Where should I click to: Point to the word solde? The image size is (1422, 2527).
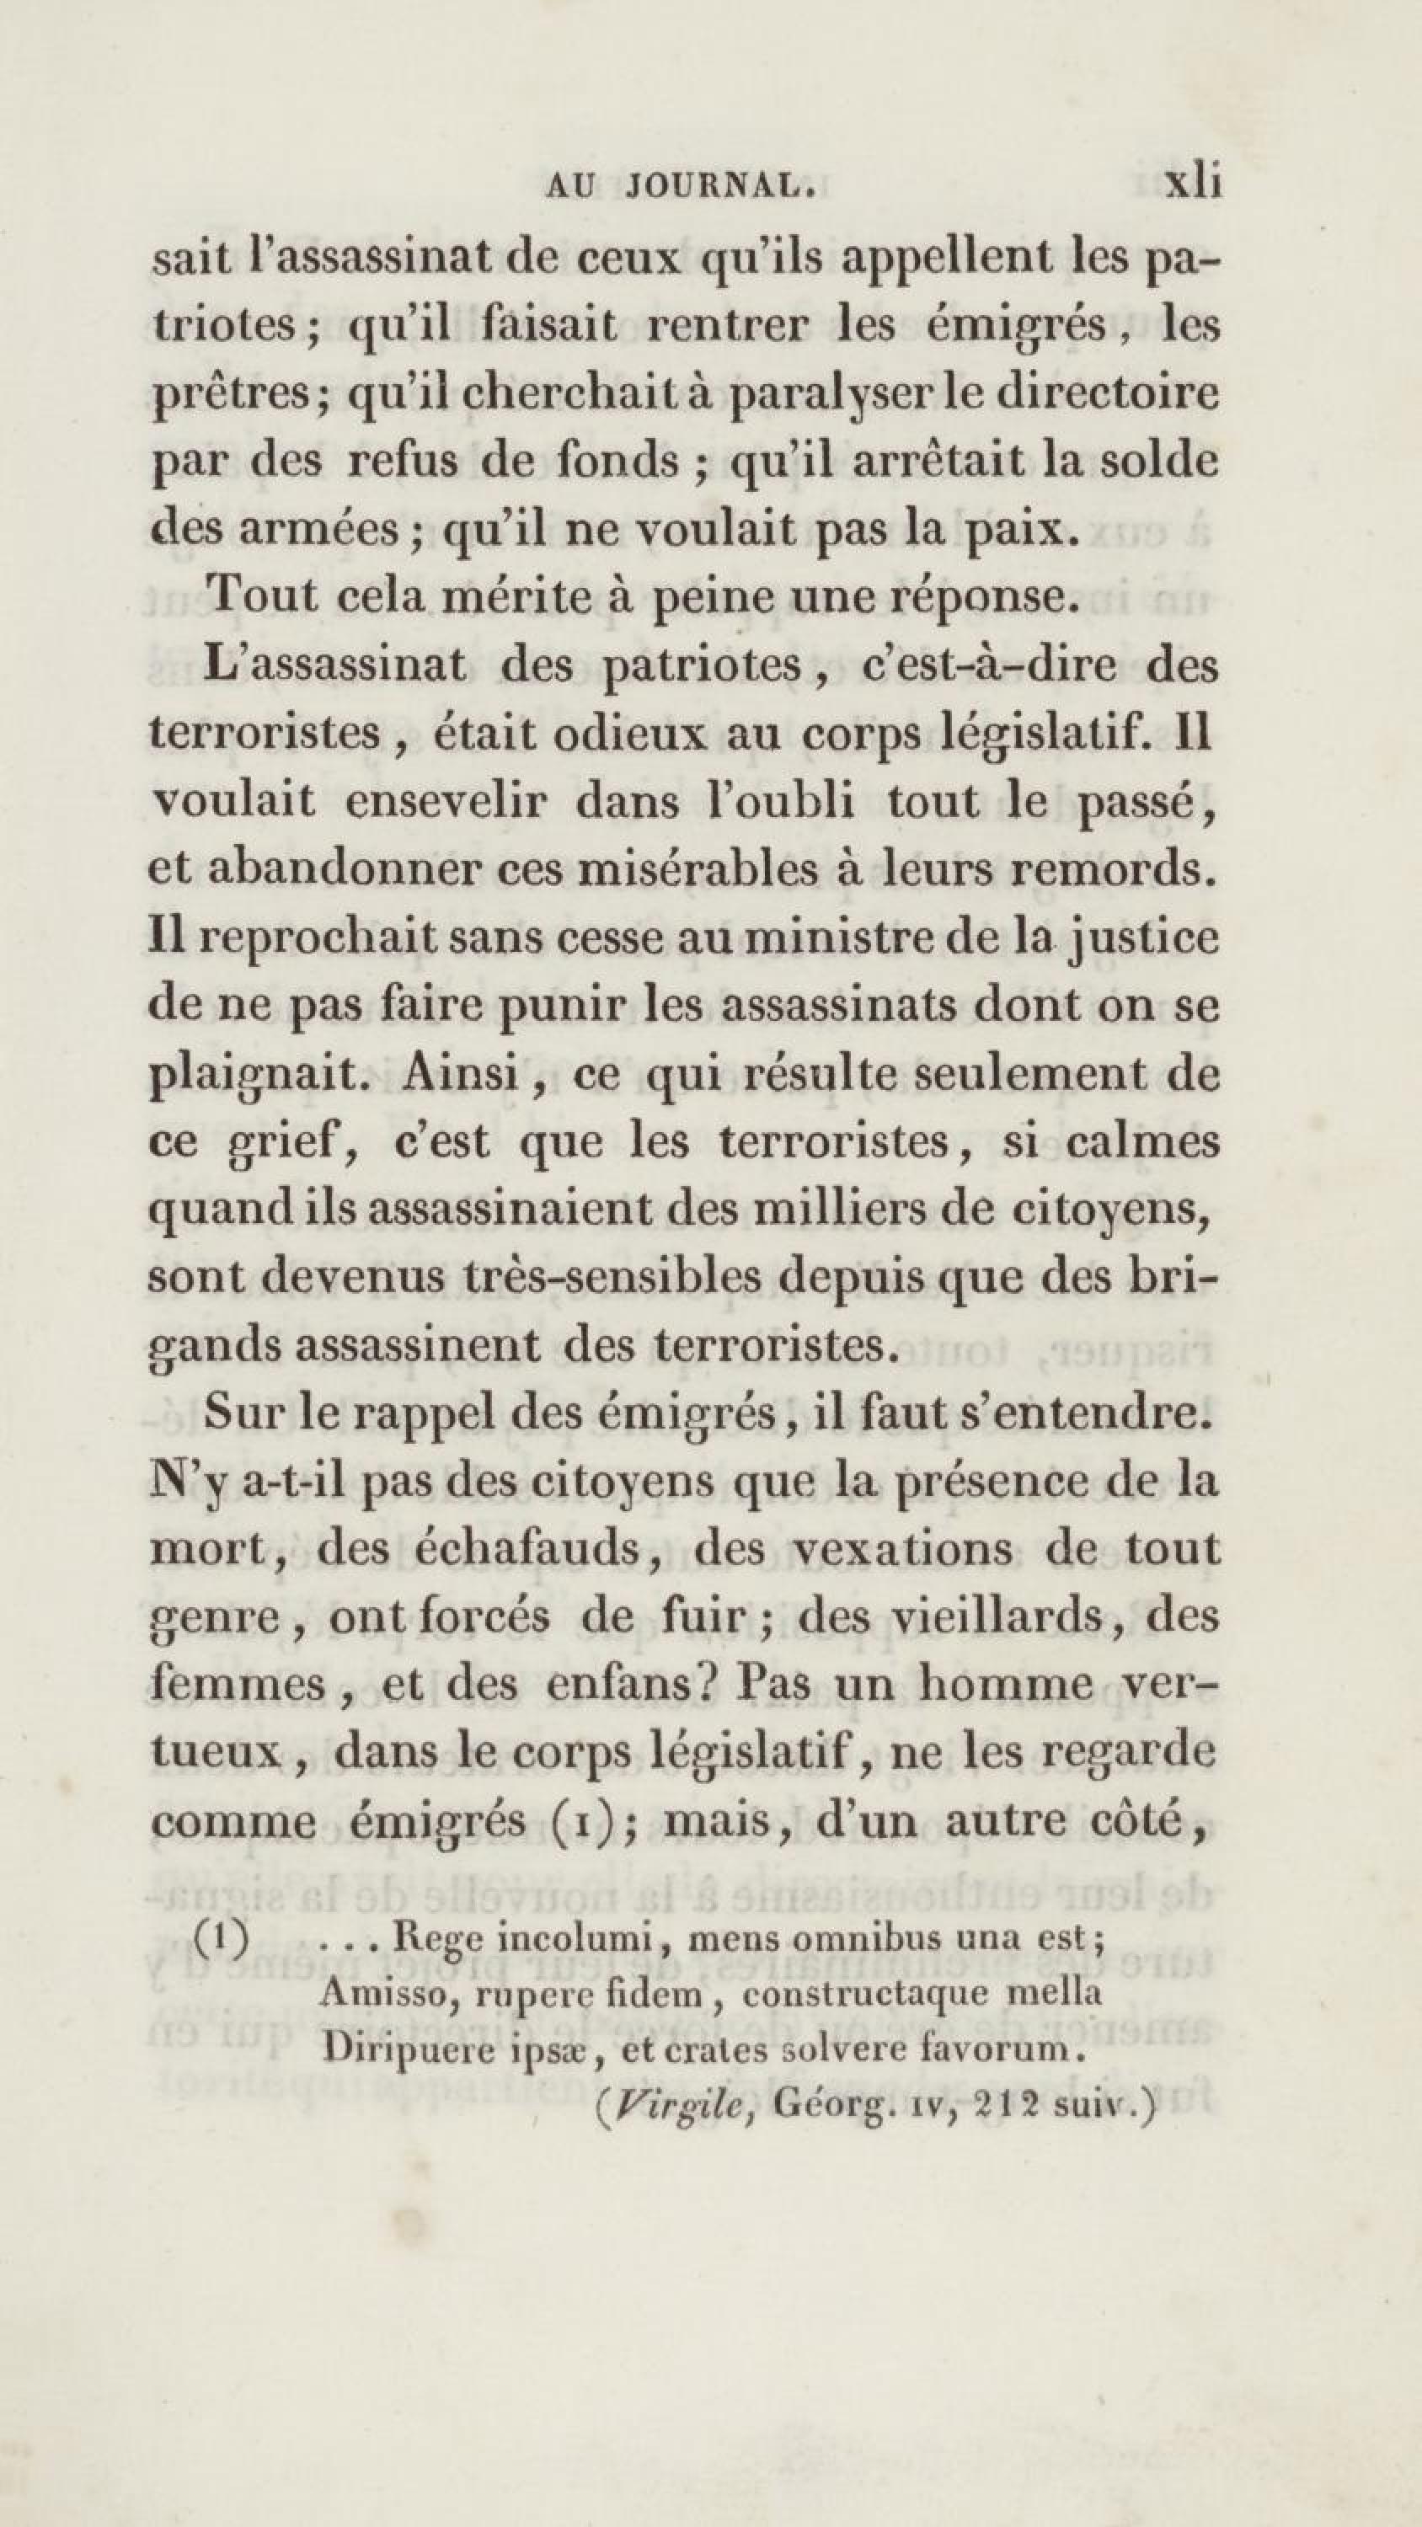pyautogui.click(x=1158, y=461)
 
